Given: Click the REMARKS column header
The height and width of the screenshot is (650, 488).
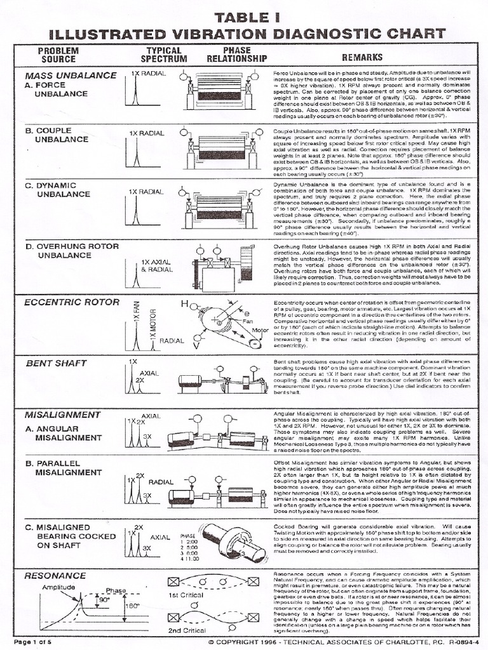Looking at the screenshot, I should [363, 58].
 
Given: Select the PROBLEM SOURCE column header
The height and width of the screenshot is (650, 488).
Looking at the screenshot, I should [58, 55].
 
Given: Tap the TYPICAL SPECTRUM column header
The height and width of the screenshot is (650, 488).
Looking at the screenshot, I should [164, 55].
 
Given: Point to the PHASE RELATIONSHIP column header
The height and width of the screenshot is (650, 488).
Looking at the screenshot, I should [237, 55].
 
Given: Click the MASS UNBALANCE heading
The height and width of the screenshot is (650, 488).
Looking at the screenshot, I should [71, 75].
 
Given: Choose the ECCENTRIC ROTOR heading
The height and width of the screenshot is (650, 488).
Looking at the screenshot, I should [63, 302].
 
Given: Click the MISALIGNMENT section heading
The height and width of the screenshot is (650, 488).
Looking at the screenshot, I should [62, 415].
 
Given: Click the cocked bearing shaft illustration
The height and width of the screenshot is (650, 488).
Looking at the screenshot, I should [234, 543].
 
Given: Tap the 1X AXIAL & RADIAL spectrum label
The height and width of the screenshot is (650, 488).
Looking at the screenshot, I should [156, 265].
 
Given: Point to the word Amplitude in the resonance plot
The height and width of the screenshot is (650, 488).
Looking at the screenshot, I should [59, 588].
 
